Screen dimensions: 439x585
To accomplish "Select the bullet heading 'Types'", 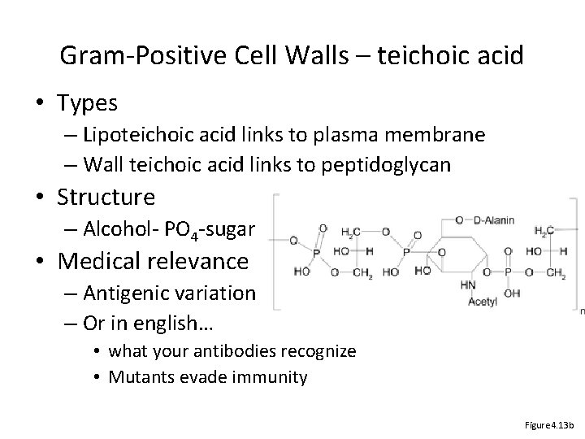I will [x=89, y=104].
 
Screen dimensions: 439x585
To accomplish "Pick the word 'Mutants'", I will [x=137, y=376].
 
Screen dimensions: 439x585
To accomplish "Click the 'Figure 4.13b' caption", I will [x=550, y=424].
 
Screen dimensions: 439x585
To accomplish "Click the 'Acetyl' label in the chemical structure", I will [x=483, y=302].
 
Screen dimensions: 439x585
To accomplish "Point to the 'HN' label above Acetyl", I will [x=469, y=284].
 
